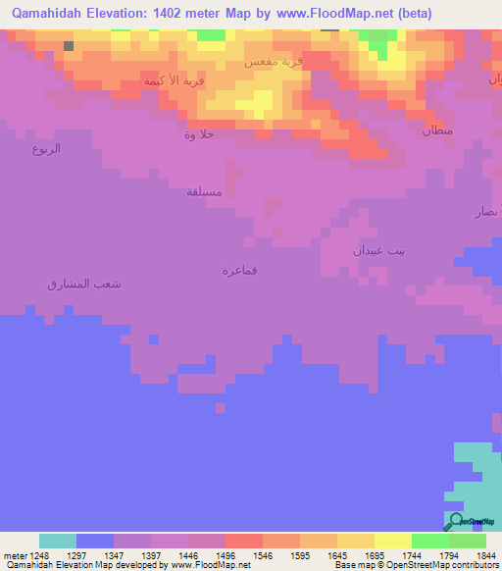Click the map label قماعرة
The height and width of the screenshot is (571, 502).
click(239, 271)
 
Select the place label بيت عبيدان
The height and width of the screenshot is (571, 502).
click(378, 250)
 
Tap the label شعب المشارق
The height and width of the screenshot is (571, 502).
click(84, 284)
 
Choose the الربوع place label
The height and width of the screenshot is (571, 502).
click(46, 149)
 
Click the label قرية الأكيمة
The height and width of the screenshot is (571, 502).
click(175, 80)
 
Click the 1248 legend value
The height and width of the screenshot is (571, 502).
click(39, 555)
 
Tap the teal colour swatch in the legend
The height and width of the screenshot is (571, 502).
click(58, 541)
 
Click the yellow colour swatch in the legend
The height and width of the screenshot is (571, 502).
click(393, 541)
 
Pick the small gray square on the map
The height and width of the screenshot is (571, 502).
click(68, 45)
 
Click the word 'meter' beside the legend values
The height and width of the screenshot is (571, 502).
click(15, 555)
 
